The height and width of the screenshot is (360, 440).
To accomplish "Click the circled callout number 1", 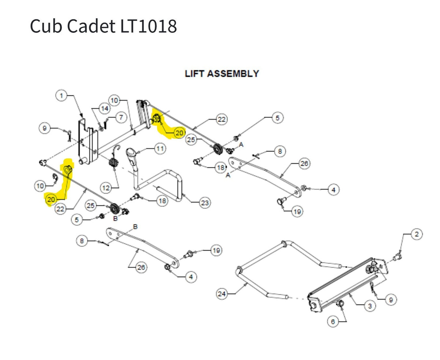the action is coord(61,96).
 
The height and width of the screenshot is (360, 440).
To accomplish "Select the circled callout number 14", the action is coord(104,109).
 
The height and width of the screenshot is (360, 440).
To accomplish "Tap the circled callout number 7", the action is coord(121,117).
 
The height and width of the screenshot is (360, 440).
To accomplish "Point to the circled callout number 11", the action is coord(160,149).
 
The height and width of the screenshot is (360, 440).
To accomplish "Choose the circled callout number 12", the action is coord(106,188).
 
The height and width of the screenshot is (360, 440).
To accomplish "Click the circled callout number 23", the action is coord(205,203).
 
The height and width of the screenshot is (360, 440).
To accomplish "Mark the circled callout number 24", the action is coord(221,294).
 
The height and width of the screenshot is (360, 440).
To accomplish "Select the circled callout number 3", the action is coord(370,306).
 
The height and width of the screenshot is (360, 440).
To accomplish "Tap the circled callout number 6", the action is coord(333,321).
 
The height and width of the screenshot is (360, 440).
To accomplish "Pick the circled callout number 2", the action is coord(417,234).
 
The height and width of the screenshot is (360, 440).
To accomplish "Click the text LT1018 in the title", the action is coord(148,26).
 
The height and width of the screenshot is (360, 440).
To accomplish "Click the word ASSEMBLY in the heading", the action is coord(233,74).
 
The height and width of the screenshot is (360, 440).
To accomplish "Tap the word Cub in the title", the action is coord(46,26).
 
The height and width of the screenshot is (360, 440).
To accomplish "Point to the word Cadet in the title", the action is coord(91,26).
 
